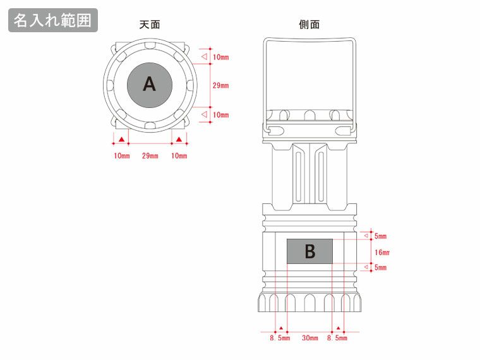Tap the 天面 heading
click(150, 25)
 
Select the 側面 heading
click(309, 25)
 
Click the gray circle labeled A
click(150, 84)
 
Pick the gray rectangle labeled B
click(309, 251)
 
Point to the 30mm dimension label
click(309, 339)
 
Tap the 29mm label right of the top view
click(220, 85)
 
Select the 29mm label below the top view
click(150, 156)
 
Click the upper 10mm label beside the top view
click(220, 57)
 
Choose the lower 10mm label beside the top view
click(220, 115)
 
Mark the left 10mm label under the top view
click(121, 156)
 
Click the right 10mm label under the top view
click(179, 156)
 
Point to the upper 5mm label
click(380, 236)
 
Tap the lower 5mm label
click(380, 268)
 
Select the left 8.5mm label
click(280, 339)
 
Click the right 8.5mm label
click(337, 339)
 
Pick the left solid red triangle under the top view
click(121, 139)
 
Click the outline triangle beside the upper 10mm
click(204, 57)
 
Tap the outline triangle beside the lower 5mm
click(366, 268)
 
